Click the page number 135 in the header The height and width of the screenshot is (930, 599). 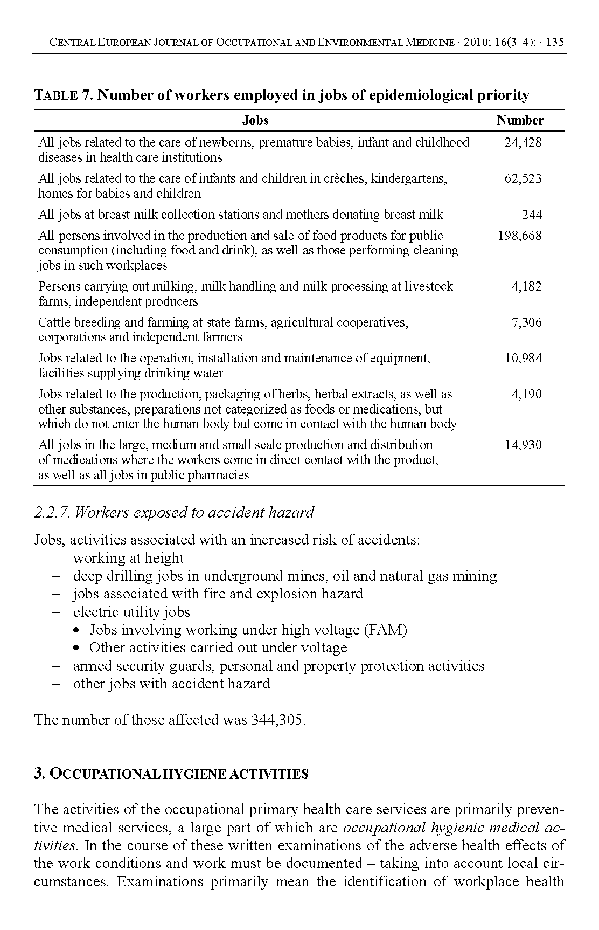(x=555, y=43)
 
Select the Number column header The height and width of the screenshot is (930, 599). (x=520, y=120)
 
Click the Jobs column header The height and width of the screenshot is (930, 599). (x=255, y=120)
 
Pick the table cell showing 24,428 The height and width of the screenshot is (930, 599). (x=523, y=142)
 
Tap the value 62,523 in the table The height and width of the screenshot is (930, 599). (x=523, y=178)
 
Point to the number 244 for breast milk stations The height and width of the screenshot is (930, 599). (x=532, y=215)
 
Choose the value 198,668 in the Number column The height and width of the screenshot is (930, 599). (x=520, y=236)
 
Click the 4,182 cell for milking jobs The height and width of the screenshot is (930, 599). (x=527, y=286)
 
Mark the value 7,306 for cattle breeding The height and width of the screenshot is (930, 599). (x=527, y=322)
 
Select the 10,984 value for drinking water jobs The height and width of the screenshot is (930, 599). (x=523, y=358)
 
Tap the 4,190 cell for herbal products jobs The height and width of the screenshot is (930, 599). (x=527, y=394)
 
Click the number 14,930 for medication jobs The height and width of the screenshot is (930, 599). (x=523, y=445)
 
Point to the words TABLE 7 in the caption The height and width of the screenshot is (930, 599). (x=63, y=95)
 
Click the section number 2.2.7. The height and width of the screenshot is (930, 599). (x=52, y=512)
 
